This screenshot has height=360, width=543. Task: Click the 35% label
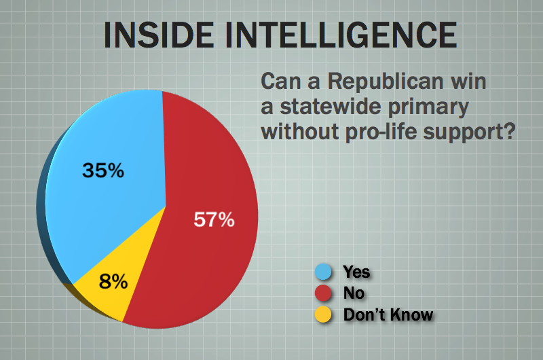click(x=103, y=170)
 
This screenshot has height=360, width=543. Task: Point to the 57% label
click(x=214, y=219)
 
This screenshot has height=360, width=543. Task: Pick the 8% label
click(x=113, y=281)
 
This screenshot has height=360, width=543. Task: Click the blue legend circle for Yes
click(x=323, y=272)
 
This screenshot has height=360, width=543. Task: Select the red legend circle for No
click(x=323, y=293)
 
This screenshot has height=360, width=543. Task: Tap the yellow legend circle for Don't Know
click(x=323, y=314)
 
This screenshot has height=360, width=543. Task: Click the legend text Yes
click(x=356, y=272)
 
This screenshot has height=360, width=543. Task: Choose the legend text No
click(x=354, y=293)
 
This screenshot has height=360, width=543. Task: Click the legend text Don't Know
click(x=388, y=314)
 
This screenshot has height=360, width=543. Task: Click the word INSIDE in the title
click(x=159, y=35)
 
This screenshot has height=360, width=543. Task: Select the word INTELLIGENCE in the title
click(x=341, y=35)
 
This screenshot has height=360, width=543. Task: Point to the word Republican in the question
click(x=386, y=82)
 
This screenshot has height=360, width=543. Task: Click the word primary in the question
click(x=428, y=108)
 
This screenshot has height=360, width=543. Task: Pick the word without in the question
click(x=300, y=132)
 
